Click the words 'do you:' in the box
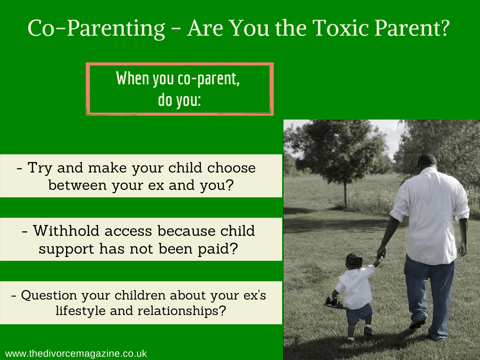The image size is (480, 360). tap(180, 100)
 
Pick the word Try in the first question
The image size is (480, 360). tap(40, 168)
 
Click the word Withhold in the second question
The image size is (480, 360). tap(66, 231)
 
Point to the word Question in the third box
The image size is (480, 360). tap(49, 295)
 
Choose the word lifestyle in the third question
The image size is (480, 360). tap(80, 311)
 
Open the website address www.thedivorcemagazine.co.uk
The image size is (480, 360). tap(76, 353)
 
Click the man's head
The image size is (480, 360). tap(427, 162)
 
